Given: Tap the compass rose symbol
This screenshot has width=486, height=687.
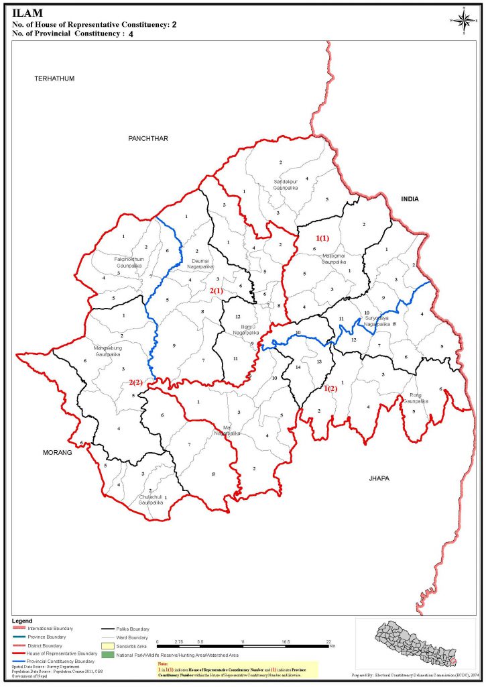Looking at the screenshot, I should point(463,19).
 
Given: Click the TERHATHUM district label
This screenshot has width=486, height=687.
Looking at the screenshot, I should point(54,78).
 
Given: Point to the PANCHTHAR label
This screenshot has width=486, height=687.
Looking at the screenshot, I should point(147,138).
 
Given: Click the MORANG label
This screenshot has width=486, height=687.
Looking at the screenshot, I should point(58,453).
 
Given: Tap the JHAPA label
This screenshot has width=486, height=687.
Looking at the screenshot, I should point(380,478).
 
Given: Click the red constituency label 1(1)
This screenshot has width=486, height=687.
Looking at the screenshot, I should point(322,238).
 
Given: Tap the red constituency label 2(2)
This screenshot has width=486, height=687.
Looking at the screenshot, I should point(136,382).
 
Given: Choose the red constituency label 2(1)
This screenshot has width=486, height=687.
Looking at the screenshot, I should point(217,290).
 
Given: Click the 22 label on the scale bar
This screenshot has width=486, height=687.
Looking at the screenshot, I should point(328,642).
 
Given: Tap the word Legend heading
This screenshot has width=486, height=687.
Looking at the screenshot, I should point(23,621).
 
